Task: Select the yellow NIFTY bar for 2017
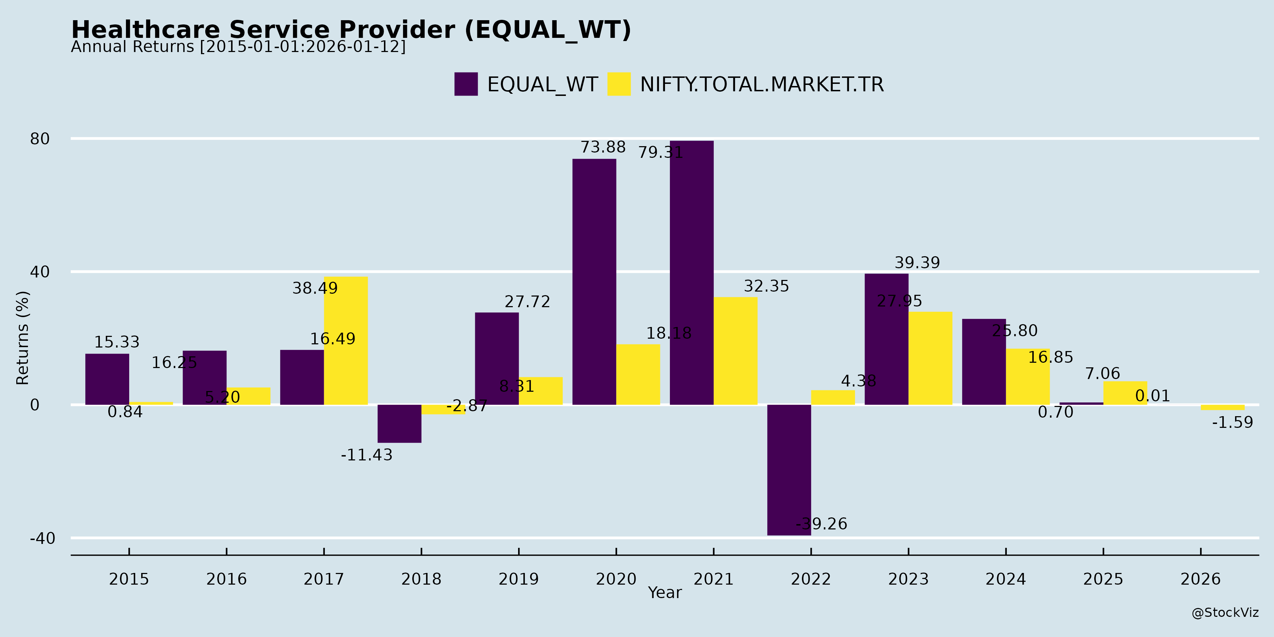[x=346, y=341]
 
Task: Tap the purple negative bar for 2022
[x=789, y=470]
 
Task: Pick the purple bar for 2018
[x=399, y=423]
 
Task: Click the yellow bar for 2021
[x=735, y=351]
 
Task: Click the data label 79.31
[x=660, y=152]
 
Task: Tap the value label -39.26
[x=821, y=524]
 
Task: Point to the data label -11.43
[x=367, y=455]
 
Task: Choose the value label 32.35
[x=766, y=286]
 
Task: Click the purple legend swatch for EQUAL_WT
[x=466, y=84]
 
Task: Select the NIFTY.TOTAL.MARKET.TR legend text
[x=762, y=85]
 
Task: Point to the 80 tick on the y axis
[x=40, y=139]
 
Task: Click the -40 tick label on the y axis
[x=42, y=538]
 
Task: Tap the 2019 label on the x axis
[x=518, y=579]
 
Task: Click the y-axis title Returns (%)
[x=23, y=338]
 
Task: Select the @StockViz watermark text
[x=1225, y=613]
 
